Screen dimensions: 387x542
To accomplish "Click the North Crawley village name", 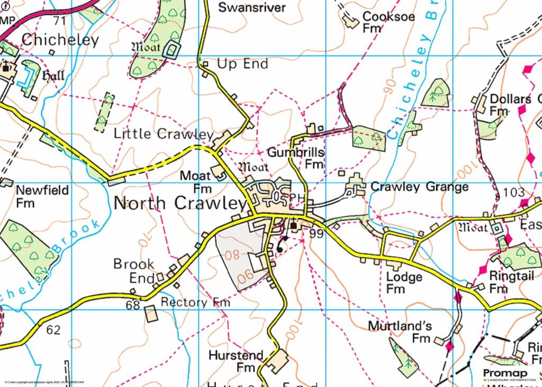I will point(180,203).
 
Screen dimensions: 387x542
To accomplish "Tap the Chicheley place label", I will point(60,40).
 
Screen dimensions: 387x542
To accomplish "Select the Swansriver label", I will point(252,7).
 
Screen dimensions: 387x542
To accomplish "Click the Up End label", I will point(242,64).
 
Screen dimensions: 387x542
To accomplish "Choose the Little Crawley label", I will point(164,134).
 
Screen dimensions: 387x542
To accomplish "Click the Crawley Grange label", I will point(419,187).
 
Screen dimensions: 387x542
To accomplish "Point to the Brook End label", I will point(134,271).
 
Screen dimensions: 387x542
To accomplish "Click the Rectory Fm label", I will point(195,302).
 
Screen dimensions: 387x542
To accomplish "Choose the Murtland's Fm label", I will point(400,331).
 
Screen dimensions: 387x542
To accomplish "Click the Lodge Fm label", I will point(404,283).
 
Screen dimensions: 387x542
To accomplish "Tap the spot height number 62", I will point(53,330).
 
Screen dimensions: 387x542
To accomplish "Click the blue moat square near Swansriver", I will point(171,50).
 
